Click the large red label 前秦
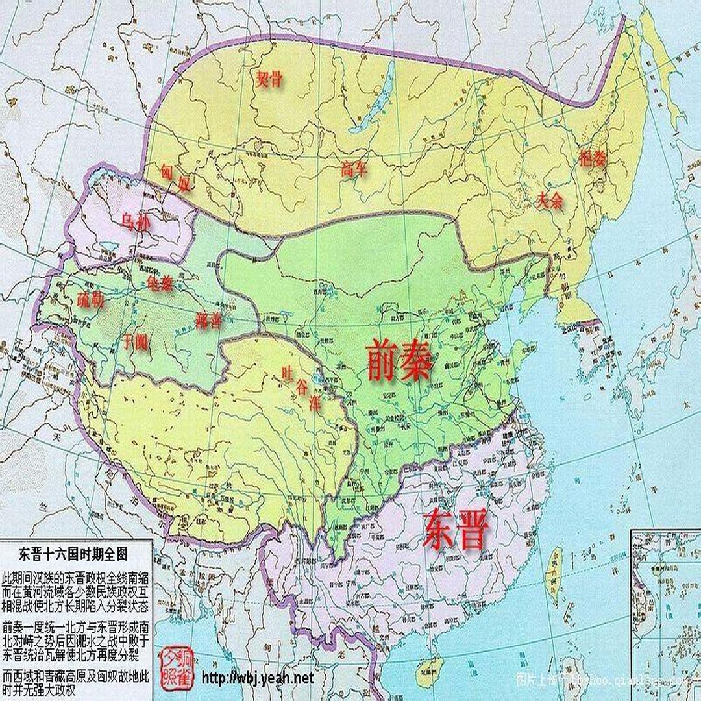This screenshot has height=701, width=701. click(398, 361)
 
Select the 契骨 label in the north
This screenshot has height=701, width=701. click(269, 80)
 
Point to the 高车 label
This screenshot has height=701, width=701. click(354, 170)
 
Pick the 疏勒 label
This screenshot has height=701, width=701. click(90, 301)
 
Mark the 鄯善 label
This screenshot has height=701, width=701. click(208, 319)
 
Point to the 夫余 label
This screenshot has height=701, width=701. click(549, 201)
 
